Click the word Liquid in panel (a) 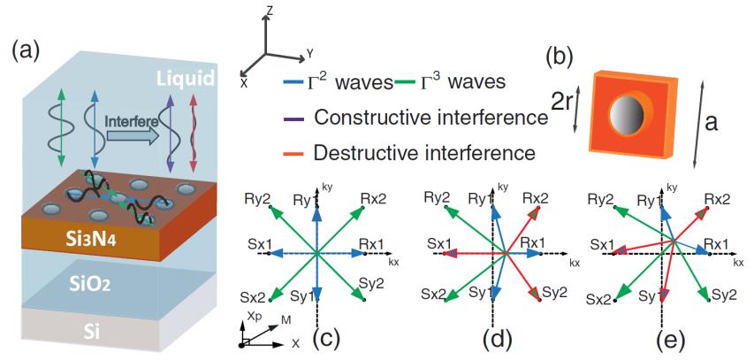click(x=186, y=80)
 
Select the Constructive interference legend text click(x=432, y=117)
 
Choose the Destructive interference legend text click(x=424, y=152)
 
